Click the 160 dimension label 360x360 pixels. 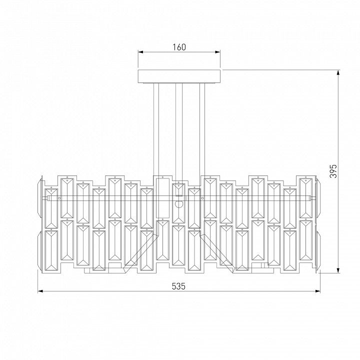pos(179,47)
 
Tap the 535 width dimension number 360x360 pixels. pos(178,286)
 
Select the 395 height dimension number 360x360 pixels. pos(333,171)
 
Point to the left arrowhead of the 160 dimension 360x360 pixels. pos(140,52)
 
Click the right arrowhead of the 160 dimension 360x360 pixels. pos(217,52)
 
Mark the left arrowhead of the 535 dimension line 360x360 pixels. pos(40,291)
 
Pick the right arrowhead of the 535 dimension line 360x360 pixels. pos(318,291)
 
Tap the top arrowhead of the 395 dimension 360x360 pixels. pos(338,72)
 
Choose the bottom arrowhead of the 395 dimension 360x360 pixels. pos(338,270)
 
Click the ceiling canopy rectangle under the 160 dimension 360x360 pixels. pos(179,76)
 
